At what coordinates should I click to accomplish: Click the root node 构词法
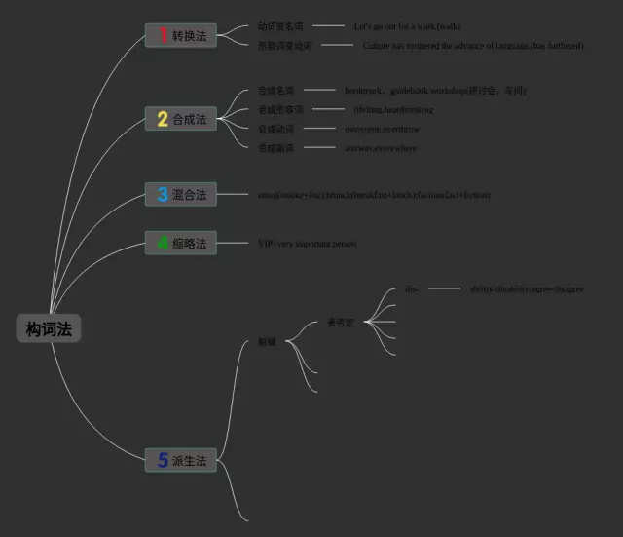pos(49,329)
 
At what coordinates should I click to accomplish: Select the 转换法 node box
pos(181,36)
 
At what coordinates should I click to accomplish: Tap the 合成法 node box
pos(181,119)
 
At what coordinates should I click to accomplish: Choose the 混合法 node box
pos(181,195)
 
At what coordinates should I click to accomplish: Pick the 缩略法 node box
pos(181,243)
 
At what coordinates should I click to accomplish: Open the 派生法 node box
pos(181,460)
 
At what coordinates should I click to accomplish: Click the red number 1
pos(162,36)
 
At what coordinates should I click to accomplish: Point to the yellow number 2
pos(162,119)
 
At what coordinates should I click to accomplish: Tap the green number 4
pos(162,243)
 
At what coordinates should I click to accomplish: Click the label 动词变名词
pos(280,26)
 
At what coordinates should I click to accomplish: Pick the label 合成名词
pos(275,90)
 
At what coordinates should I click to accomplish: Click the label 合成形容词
pos(280,109)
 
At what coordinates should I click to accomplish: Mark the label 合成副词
pos(275,148)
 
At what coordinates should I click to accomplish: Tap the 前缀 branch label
pos(267,342)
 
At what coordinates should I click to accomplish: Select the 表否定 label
pos(340,322)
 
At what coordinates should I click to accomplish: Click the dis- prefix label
pos(412,289)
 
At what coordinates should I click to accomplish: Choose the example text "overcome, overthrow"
pos(383,129)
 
